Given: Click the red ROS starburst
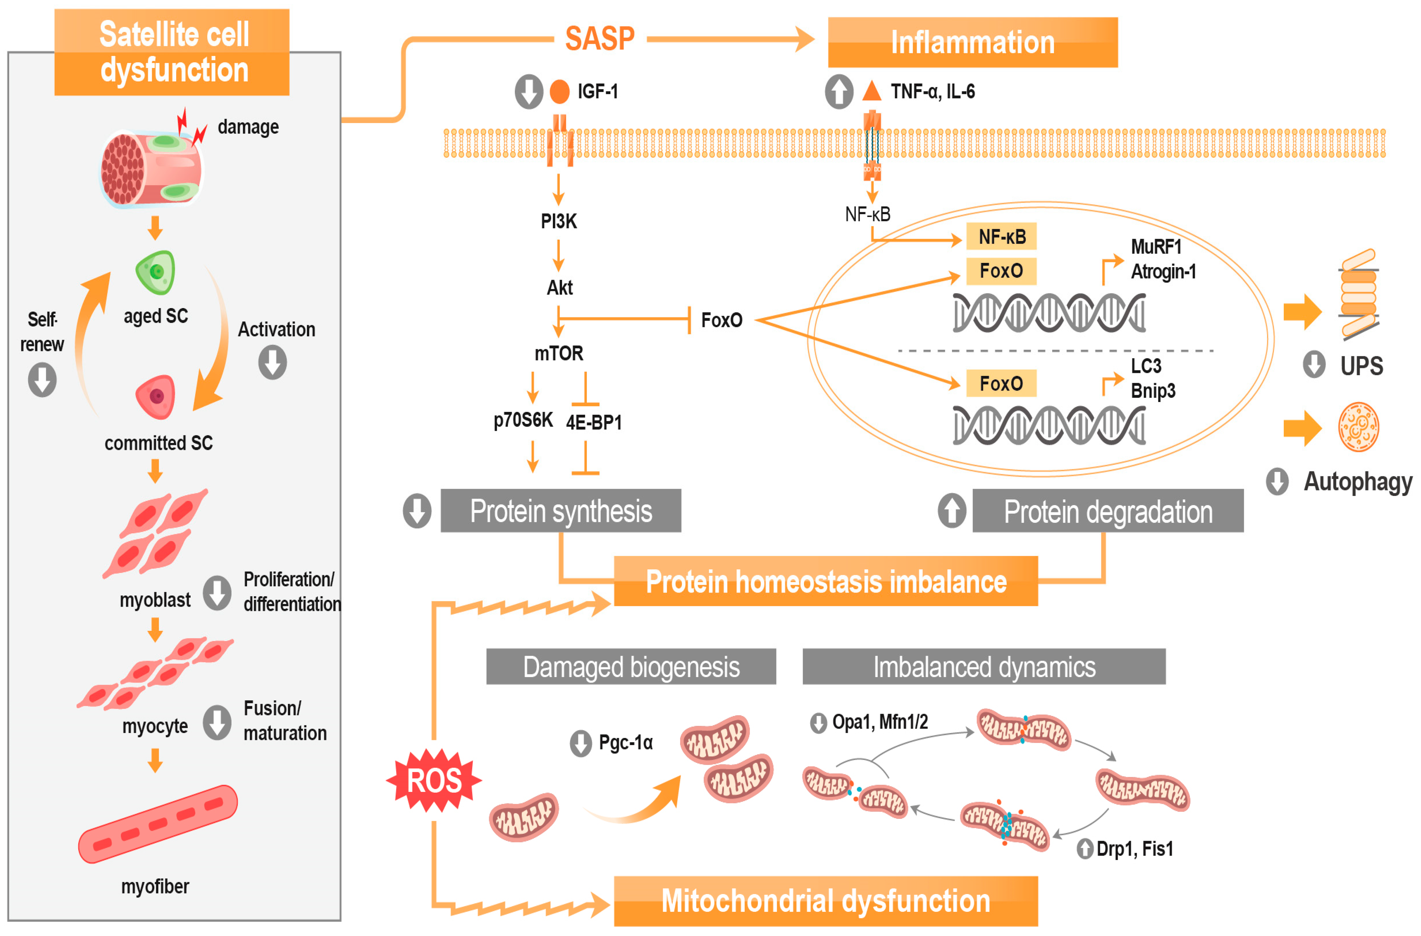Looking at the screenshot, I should tap(434, 780).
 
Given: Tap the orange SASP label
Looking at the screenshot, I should tap(599, 39).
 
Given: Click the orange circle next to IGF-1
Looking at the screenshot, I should tap(559, 91).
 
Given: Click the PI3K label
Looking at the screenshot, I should tap(558, 221).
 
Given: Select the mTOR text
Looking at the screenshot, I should tap(558, 353).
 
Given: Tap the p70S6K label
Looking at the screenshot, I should tap(523, 420).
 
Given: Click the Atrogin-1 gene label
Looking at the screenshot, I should tap(1163, 272).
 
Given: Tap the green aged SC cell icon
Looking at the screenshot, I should tap(156, 272).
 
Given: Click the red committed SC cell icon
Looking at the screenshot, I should tap(156, 396).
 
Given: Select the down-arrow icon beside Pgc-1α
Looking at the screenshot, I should tap(580, 743).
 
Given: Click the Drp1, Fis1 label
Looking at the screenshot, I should tap(1134, 848).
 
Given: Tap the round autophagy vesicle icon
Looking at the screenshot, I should tap(1358, 427).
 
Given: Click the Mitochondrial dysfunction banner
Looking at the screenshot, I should tap(826, 901).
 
